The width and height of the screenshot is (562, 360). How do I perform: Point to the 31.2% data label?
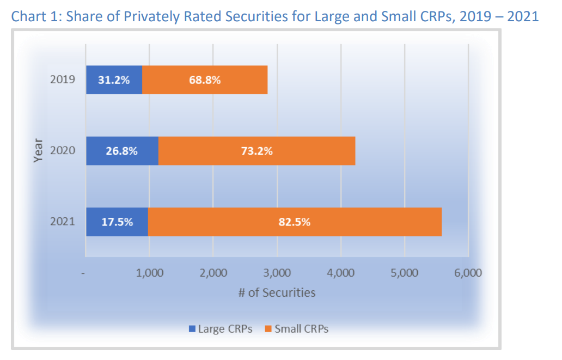114,80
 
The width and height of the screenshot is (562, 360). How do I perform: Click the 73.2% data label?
256,151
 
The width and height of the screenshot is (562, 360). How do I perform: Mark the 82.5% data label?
295,222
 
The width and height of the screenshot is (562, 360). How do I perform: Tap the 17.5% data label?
117,222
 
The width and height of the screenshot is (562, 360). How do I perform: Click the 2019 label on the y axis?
63,80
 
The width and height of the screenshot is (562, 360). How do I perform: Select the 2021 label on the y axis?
63,222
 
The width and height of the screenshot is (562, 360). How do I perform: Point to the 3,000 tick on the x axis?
277,273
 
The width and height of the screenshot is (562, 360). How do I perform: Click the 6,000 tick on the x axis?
468,273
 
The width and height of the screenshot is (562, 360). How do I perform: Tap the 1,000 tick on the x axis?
149,273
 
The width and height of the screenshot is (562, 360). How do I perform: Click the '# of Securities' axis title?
277,292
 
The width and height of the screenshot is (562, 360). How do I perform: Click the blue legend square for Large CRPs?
192,328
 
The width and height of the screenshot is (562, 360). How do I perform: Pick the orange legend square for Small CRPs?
268,328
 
